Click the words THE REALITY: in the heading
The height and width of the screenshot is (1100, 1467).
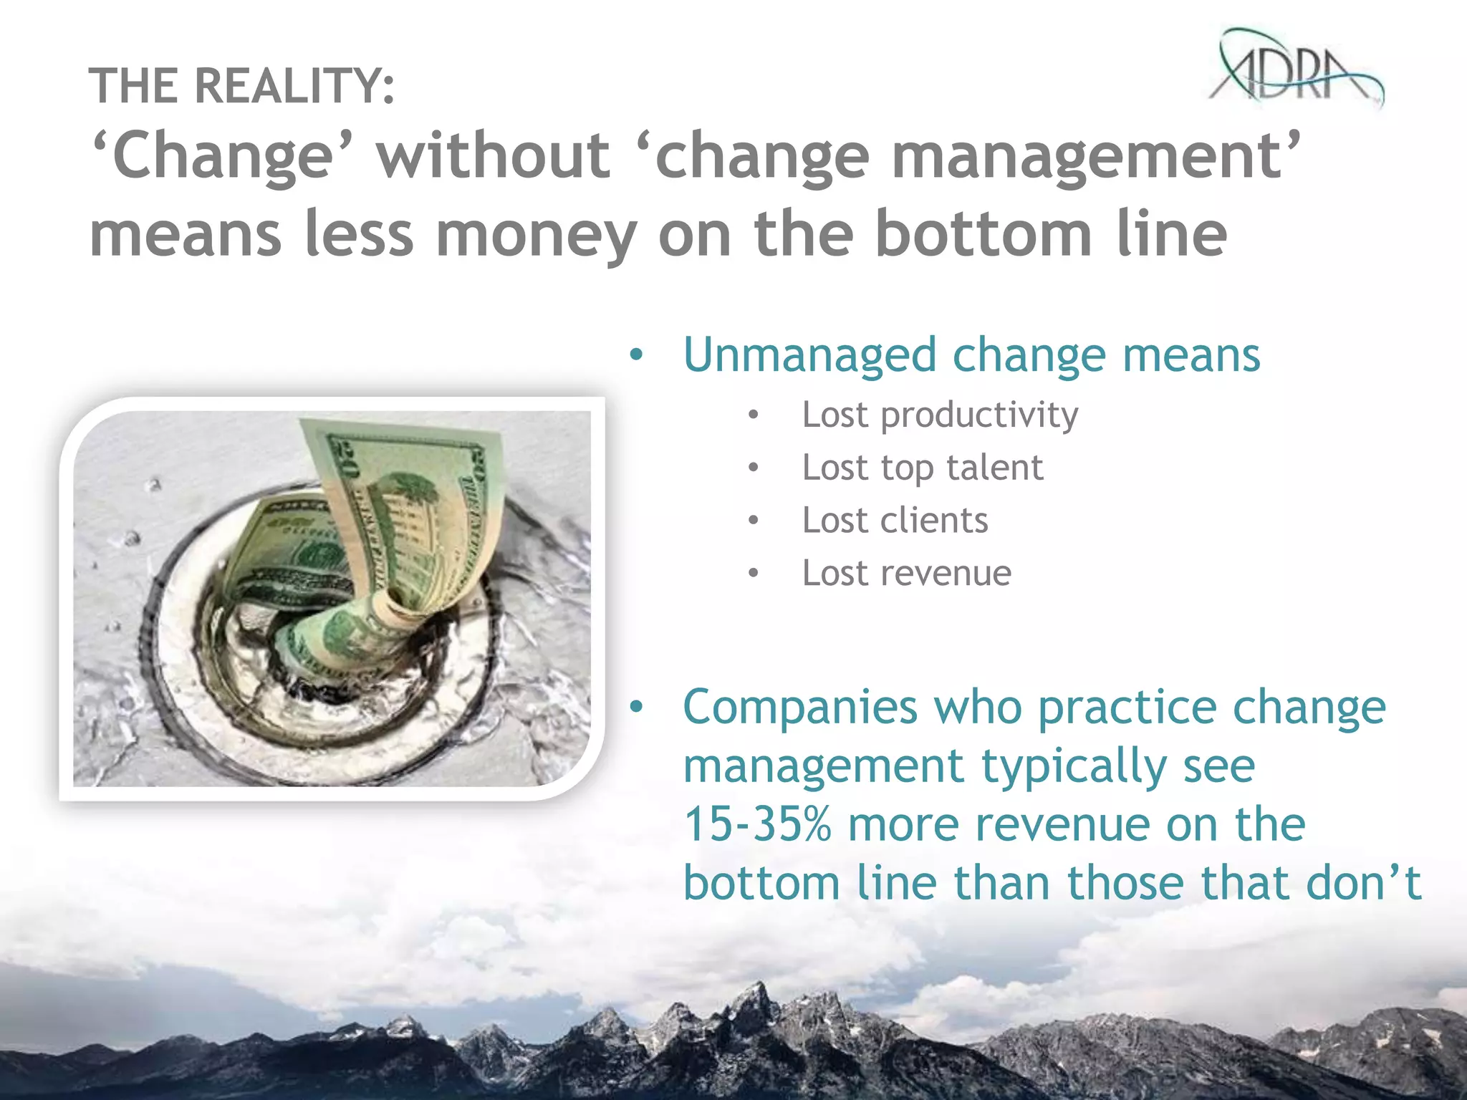tap(241, 86)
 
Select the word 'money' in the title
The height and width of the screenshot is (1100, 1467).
tap(537, 234)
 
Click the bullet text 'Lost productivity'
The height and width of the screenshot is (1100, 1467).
tap(940, 415)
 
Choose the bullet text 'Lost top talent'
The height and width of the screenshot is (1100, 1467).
tap(923, 468)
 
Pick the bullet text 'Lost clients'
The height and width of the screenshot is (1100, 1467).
tap(895, 520)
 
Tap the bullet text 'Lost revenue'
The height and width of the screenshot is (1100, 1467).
tap(906, 573)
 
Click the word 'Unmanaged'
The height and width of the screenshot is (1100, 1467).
tap(809, 355)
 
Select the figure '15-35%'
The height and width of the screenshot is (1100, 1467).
tap(757, 824)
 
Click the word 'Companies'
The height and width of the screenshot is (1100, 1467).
tap(800, 708)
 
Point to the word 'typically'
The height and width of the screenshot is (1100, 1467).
tap(1074, 766)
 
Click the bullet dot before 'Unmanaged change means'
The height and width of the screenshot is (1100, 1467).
tap(636, 355)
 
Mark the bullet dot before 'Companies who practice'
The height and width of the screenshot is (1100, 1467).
tap(636, 708)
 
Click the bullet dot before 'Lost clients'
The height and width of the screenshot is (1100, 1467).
tap(753, 521)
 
